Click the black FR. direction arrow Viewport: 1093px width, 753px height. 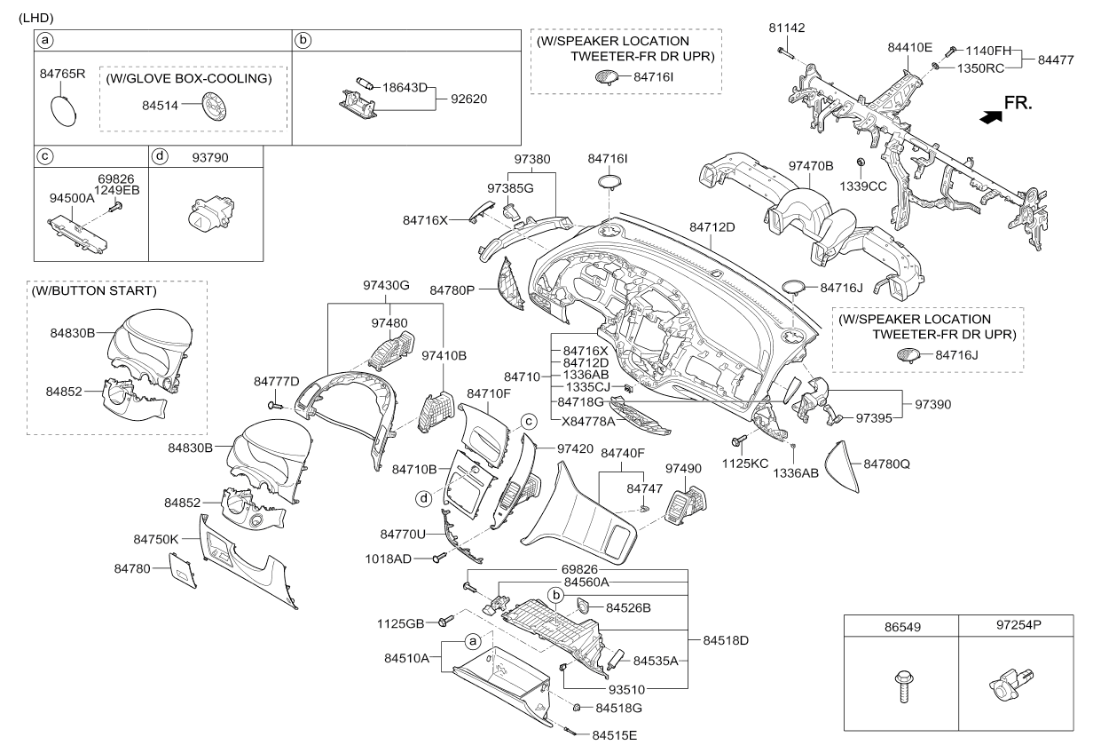990,117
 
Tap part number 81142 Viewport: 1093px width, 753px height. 787,28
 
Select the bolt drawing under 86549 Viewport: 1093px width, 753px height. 904,686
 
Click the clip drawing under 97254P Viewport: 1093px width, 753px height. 1010,685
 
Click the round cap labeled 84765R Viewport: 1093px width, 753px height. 64,111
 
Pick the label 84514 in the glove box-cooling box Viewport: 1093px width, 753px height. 160,105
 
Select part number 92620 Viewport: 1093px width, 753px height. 468,99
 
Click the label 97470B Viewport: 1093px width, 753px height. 811,166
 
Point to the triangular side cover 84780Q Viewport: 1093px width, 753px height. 842,466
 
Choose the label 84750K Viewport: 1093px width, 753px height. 155,539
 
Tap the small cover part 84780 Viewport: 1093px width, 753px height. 183,570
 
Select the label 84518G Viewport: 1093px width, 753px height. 618,708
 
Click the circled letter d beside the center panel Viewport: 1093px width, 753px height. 424,498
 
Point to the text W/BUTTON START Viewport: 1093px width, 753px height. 94,290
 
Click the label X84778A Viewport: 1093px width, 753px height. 588,420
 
